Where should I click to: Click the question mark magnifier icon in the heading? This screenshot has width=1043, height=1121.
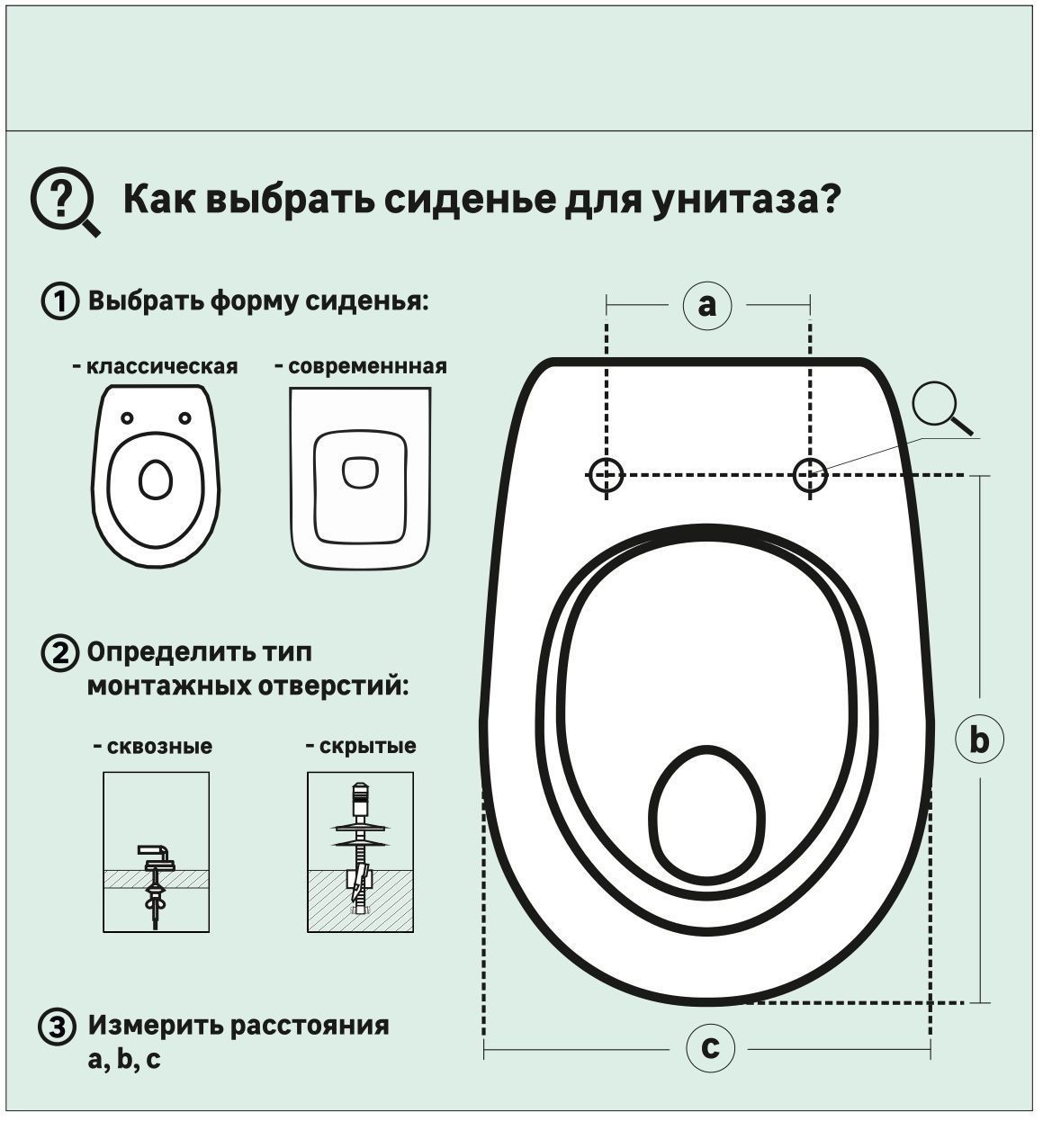tap(63, 201)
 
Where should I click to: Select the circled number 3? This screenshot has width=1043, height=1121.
tap(57, 1027)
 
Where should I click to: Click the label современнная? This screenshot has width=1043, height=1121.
tap(361, 367)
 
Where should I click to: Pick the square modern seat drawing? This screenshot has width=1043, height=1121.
tap(360, 478)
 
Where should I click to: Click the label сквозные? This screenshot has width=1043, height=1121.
tap(153, 747)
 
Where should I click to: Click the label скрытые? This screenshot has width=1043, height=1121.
tap(361, 747)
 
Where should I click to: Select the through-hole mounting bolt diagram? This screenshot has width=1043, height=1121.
tap(156, 852)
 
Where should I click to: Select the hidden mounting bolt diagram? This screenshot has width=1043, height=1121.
tap(360, 852)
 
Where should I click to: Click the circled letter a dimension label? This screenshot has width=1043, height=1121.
tap(707, 305)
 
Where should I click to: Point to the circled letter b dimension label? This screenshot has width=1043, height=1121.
tap(978, 740)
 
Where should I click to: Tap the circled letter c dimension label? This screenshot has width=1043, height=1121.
tap(710, 1048)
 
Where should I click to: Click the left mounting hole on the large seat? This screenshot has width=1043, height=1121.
tap(607, 474)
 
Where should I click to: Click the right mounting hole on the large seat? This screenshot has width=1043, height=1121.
tap(810, 474)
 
